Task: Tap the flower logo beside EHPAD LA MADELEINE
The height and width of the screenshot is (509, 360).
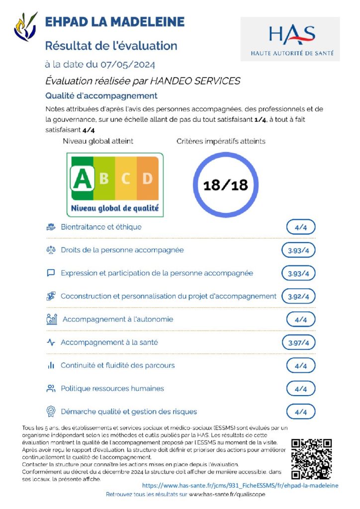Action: [x=26, y=27]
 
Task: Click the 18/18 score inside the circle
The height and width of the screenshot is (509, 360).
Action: [x=226, y=185]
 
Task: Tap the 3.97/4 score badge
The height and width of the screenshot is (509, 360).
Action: [x=298, y=342]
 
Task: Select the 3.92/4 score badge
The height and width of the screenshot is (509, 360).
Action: [x=298, y=297]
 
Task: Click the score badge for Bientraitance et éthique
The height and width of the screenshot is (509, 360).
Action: [x=301, y=227]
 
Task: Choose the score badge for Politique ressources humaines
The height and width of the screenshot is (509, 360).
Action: [x=301, y=389]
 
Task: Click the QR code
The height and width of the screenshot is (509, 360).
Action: [x=311, y=459]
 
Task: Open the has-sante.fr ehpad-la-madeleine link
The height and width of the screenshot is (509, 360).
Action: [x=240, y=485]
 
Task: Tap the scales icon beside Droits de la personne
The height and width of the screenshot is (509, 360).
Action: [x=51, y=250]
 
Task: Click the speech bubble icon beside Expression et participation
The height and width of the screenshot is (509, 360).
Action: [x=51, y=273]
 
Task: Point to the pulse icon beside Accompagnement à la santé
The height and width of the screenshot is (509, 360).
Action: [x=51, y=342]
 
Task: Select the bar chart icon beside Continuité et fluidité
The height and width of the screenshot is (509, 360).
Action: [x=51, y=365]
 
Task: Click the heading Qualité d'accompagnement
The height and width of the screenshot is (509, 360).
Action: [x=101, y=96]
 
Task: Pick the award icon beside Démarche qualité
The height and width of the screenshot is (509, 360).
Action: [x=51, y=412]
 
